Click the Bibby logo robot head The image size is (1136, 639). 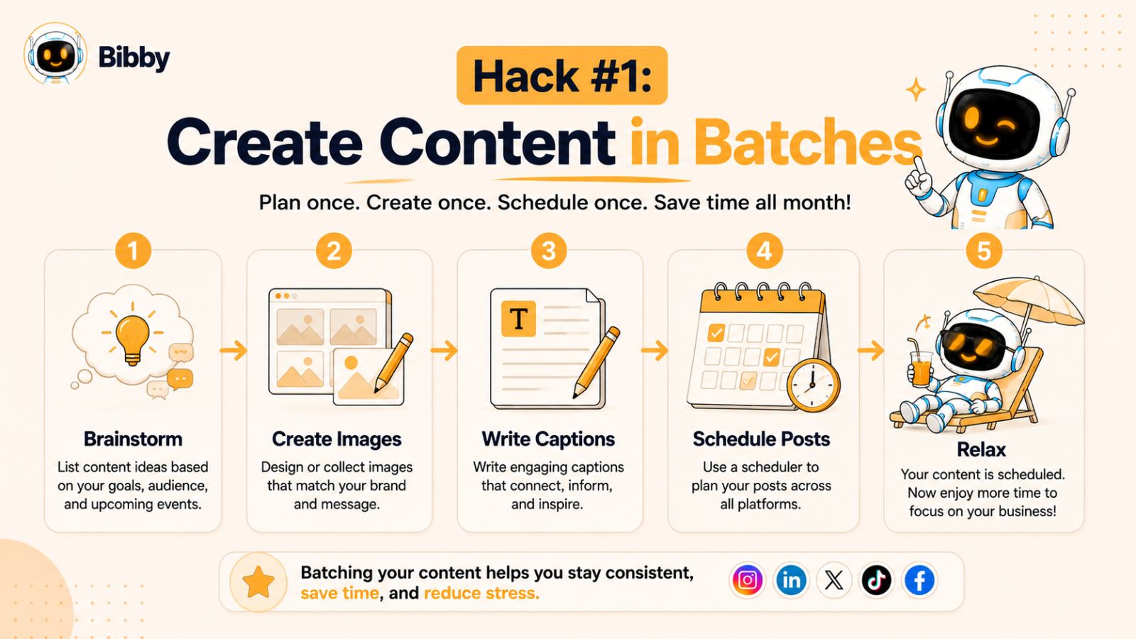point(55,53)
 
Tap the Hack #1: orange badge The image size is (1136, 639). point(562,75)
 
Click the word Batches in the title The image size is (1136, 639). point(808,141)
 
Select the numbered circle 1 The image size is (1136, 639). point(133,251)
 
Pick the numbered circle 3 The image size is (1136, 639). point(549,251)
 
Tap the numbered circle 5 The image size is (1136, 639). point(983,251)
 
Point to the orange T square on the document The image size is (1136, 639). point(518,319)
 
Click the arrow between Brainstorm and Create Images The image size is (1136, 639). point(234,350)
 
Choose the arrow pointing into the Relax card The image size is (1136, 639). point(871,350)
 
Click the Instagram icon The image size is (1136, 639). point(748,580)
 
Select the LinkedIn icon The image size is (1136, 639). point(791,580)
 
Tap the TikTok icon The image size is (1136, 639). point(876,580)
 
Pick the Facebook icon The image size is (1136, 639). point(919,580)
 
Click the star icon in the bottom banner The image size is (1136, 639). point(258,582)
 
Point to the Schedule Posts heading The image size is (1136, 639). point(761,439)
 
